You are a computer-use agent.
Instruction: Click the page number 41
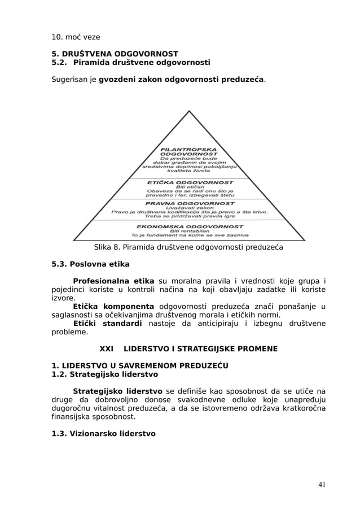pos(321,484)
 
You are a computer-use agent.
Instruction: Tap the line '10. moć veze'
pos(76,37)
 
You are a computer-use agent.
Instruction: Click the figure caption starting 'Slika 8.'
pos(188,247)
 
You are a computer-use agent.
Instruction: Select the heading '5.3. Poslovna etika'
pos(90,264)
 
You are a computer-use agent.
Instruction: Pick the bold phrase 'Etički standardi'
pos(107,324)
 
